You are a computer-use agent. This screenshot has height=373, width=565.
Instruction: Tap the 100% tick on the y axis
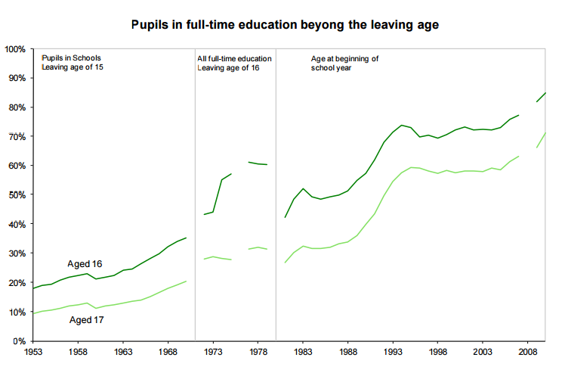point(15,49)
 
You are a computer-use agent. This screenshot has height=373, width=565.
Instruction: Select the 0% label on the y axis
point(20,341)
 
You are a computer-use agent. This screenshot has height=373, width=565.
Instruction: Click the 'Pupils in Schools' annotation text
point(71,58)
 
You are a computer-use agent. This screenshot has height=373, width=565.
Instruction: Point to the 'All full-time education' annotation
point(234,58)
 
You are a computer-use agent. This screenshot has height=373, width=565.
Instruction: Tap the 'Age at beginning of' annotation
point(344,58)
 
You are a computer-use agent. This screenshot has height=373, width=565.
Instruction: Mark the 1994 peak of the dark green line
point(403,125)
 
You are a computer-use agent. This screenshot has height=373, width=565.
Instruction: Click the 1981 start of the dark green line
point(285,217)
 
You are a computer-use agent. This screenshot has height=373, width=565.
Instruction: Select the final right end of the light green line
point(545,132)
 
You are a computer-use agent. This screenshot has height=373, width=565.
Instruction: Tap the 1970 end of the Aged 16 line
point(186,238)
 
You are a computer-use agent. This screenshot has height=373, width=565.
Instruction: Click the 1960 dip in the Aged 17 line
point(96,309)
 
